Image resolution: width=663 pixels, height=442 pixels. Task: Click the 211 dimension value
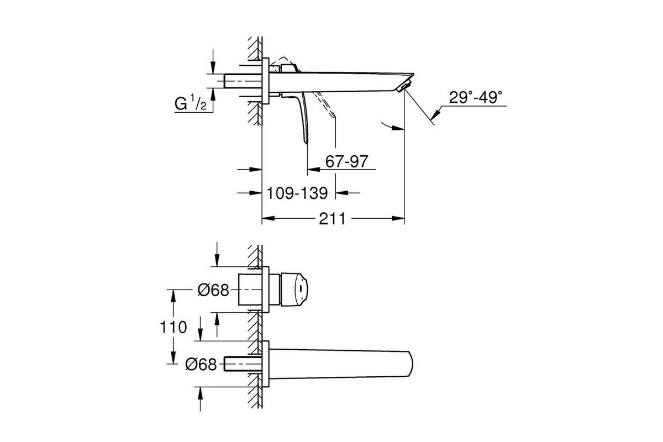(x=332, y=219)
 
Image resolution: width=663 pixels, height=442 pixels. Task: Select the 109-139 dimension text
(x=297, y=193)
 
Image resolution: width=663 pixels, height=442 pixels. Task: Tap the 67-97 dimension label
(x=346, y=162)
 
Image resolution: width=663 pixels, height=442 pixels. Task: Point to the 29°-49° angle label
(x=476, y=97)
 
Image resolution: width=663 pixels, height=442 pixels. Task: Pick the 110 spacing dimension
(x=173, y=327)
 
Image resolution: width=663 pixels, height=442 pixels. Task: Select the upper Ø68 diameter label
(x=213, y=290)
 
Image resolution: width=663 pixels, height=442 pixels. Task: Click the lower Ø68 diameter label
(x=201, y=364)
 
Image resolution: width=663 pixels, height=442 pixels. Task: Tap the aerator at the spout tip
(x=404, y=86)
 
